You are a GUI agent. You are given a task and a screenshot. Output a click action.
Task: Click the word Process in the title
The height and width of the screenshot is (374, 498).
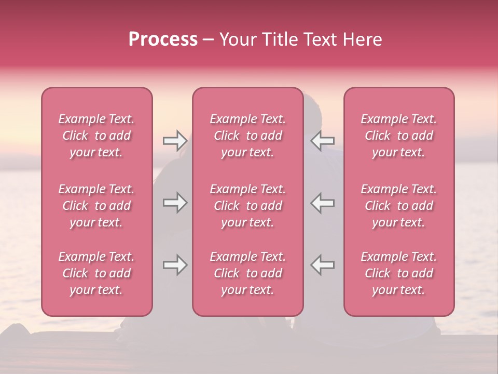coord(163,39)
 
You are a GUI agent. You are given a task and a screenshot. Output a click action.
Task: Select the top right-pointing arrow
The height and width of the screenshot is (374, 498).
coord(175,140)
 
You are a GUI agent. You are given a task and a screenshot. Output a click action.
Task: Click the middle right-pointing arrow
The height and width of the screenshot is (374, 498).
coord(175,203)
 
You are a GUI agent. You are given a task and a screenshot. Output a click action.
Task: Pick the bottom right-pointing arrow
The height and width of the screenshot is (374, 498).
coord(175,265)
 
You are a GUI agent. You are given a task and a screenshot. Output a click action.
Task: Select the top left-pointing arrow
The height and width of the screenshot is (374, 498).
coord(323,140)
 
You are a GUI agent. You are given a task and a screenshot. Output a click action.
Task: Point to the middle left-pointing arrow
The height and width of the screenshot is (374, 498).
coord(323,203)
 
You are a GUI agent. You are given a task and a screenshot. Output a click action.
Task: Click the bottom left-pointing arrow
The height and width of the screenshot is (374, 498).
coord(323,265)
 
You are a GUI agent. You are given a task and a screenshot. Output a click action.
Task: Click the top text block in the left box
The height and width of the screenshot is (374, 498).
coord(96,136)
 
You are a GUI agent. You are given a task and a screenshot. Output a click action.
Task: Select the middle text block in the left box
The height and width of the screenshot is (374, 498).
coord(96,206)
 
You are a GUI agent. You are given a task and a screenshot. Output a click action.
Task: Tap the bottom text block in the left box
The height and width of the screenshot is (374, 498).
coord(96,273)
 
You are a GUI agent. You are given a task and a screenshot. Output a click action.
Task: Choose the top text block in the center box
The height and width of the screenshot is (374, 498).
coord(248,136)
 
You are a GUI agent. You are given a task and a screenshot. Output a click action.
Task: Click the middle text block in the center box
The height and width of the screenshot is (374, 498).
coord(248,206)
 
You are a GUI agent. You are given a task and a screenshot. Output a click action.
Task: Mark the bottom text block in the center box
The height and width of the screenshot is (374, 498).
coord(248,273)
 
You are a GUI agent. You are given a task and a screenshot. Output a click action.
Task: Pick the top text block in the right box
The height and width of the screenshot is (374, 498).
coord(399,136)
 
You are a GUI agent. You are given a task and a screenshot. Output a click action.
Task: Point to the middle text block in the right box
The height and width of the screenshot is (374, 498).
coord(399,206)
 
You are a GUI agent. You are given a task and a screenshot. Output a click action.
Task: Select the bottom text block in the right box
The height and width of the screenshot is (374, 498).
coord(399,273)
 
